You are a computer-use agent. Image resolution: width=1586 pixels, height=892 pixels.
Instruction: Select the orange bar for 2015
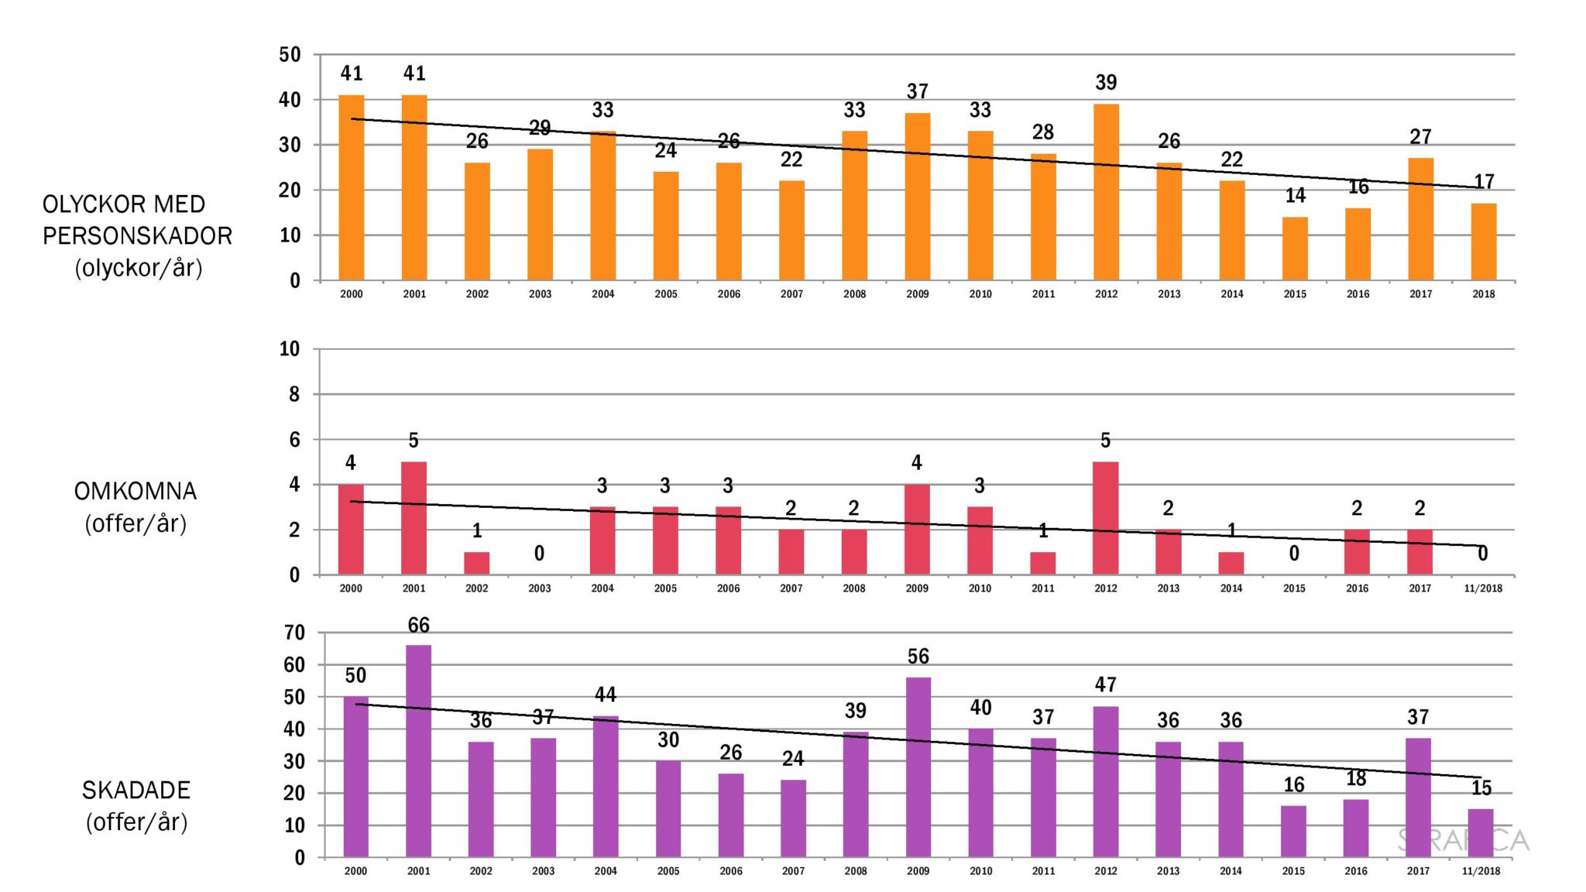pos(1295,249)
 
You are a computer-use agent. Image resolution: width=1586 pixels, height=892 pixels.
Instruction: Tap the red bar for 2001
pos(414,518)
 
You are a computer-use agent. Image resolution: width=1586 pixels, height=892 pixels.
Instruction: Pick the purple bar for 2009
pos(918,767)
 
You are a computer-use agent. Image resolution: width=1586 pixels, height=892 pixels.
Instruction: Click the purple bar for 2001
pos(418,751)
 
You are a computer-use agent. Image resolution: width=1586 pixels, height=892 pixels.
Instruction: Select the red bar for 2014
pos(1231,563)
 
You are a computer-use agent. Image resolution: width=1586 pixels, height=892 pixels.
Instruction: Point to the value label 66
pos(418,625)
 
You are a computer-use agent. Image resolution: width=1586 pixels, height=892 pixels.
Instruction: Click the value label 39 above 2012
pos(1106,83)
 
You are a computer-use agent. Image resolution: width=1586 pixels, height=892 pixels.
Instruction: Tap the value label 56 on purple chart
pos(918,657)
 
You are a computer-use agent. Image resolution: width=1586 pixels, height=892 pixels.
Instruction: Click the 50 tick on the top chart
pos(290,55)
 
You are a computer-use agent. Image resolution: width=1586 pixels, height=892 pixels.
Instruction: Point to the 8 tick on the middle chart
pos(294,395)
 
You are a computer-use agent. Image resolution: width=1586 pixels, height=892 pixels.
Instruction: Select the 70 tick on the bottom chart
pos(294,633)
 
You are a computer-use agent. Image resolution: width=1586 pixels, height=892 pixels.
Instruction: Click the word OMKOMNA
pos(136,492)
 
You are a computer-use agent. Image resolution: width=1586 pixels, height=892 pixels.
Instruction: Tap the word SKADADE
pos(136,791)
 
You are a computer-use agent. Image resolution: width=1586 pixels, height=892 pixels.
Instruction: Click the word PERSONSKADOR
pos(137,236)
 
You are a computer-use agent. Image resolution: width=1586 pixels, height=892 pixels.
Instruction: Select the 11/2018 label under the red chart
pos(1482,588)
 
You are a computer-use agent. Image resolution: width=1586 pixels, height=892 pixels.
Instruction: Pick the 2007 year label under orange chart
pos(791,294)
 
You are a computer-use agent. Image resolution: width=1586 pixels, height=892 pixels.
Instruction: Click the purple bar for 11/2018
pos(1481,832)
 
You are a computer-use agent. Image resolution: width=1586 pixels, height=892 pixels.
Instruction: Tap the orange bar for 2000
pos(352,187)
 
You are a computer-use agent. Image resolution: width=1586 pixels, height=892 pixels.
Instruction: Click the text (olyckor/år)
pos(139,268)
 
